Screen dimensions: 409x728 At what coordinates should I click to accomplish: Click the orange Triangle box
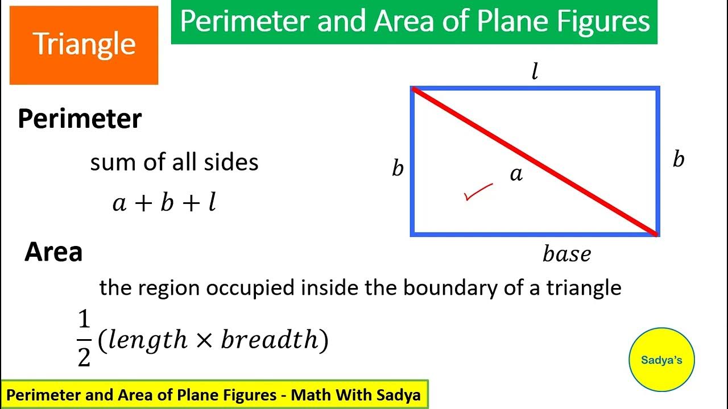coord(84,45)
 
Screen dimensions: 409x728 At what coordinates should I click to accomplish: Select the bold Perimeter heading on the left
coord(80,119)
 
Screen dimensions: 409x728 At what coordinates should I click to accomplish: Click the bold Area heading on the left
coord(53,252)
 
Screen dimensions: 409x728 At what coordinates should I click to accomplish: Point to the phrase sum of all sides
coord(174,162)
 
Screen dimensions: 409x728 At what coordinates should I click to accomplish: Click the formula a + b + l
coord(164,202)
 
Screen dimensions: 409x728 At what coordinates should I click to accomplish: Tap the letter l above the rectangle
coord(534,72)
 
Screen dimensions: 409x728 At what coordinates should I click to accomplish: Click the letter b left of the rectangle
coord(398,169)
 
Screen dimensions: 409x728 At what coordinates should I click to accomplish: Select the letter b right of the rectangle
coord(678,160)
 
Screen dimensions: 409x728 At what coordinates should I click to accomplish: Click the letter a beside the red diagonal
coord(516,174)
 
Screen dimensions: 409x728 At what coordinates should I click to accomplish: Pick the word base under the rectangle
coord(566,254)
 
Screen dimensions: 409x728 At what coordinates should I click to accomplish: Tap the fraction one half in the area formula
coord(84,339)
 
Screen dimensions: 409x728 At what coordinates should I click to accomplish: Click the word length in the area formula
coord(147,340)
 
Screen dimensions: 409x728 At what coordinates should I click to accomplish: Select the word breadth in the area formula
coord(269,340)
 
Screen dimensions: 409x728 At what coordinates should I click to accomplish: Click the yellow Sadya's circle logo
coord(661,360)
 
